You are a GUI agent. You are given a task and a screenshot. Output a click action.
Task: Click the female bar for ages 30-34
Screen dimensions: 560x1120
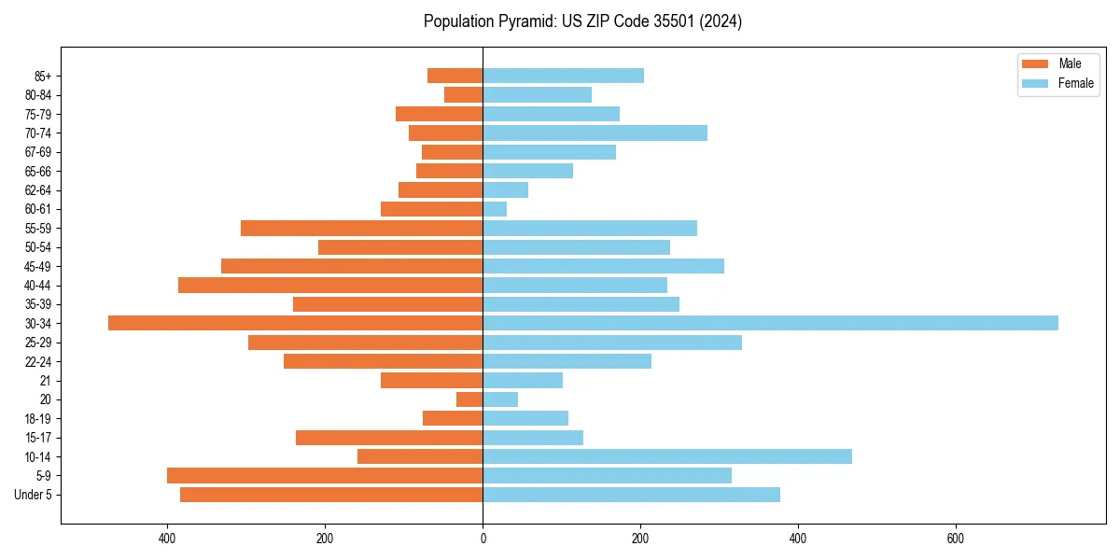click(x=770, y=323)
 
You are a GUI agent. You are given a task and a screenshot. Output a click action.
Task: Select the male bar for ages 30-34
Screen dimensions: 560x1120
click(x=296, y=323)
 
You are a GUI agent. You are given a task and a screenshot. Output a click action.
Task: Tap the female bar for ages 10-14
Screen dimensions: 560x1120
click(x=667, y=456)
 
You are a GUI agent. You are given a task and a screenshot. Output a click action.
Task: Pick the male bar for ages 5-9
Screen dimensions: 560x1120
click(x=325, y=476)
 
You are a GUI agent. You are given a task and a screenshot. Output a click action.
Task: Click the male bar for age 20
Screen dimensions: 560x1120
click(x=469, y=399)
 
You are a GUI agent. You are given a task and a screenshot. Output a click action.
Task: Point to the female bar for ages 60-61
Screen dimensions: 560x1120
click(x=495, y=209)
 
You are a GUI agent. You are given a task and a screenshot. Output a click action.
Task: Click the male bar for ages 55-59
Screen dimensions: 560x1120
click(x=362, y=229)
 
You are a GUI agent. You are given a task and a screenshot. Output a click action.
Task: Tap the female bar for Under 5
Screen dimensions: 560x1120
click(x=631, y=495)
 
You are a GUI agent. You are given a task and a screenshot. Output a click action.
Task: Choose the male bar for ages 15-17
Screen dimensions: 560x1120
click(x=389, y=438)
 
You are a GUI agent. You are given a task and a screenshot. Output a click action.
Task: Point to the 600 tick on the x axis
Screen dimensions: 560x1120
click(x=955, y=539)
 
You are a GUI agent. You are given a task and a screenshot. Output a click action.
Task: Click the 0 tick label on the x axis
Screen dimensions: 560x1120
click(x=483, y=539)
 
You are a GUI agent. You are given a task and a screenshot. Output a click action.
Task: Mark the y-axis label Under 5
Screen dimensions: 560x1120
click(x=34, y=495)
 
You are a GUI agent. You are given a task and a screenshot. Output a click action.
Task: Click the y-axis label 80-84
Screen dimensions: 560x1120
click(x=37, y=95)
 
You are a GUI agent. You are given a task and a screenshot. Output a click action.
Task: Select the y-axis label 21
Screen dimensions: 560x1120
click(x=46, y=381)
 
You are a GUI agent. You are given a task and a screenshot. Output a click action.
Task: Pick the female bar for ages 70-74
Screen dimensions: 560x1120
click(x=595, y=133)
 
